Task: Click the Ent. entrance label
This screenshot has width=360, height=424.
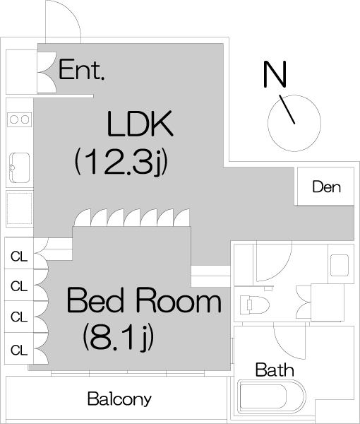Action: coord(81,70)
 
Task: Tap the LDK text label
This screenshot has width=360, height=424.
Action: coord(140,123)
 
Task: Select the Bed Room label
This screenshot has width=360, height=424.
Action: coord(144,300)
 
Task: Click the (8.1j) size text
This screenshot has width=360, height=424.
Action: coord(119,337)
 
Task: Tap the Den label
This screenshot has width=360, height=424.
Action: coord(327,187)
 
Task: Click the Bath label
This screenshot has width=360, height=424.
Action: coord(275,370)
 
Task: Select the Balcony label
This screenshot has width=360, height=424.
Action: coord(119,399)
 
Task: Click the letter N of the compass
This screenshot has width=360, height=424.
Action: coord(275,74)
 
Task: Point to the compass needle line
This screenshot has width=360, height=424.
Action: coord(287,110)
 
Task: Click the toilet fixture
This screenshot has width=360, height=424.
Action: coord(254,305)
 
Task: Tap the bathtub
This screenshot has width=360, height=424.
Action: coord(272,397)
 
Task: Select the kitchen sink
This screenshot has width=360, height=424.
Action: coord(20,167)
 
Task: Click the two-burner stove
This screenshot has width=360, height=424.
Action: coord(20,119)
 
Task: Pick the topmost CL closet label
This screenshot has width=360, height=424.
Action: coord(19,257)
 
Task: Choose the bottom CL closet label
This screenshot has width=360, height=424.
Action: coord(19,351)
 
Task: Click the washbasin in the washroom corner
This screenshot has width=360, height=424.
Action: coord(340,265)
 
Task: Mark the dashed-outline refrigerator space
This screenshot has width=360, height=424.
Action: coord(20,208)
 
